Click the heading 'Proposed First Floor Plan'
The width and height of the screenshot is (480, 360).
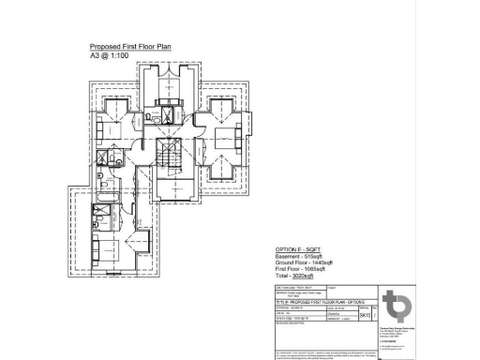click(130, 46)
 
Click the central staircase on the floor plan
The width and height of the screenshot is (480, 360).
click(171, 156)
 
